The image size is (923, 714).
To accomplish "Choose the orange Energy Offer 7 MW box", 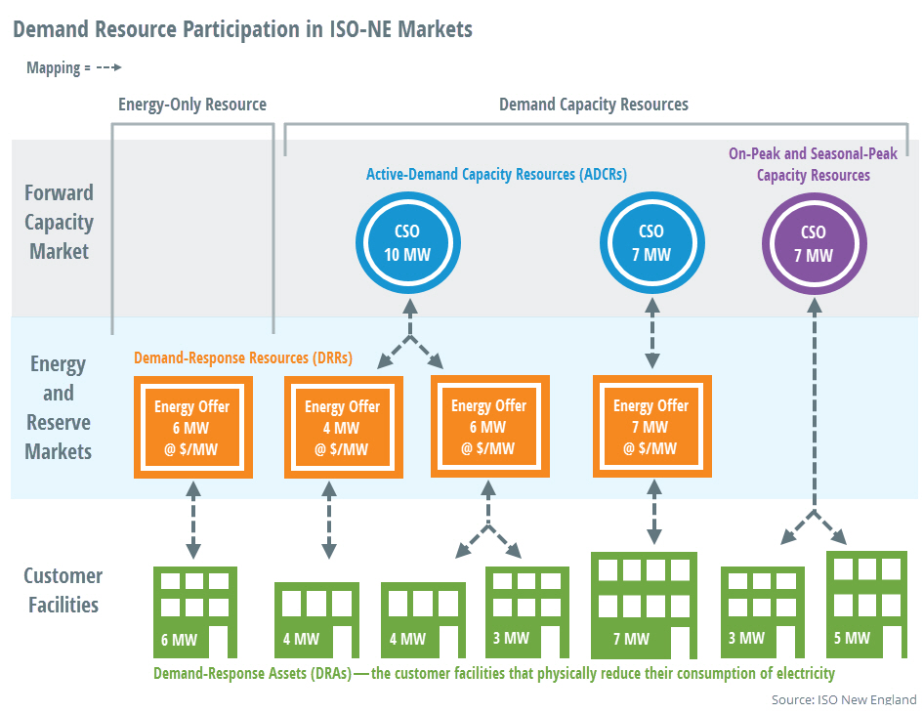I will pyautogui.click(x=651, y=428).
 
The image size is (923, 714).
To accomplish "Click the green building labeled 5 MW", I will pyautogui.click(x=861, y=606).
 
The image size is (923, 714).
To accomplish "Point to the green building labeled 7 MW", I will pyautogui.click(x=644, y=607).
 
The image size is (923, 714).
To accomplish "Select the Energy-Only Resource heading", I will pyautogui.click(x=191, y=105).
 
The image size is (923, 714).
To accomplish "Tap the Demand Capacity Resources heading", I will pyautogui.click(x=593, y=105).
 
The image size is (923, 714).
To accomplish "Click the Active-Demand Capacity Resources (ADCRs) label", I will pyautogui.click(x=496, y=174).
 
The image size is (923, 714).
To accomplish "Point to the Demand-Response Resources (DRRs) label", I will pyautogui.click(x=242, y=357).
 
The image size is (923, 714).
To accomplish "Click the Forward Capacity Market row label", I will pyautogui.click(x=60, y=222).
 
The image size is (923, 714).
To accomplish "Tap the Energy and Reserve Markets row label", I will pyautogui.click(x=59, y=407).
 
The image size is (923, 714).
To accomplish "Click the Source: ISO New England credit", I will pyautogui.click(x=844, y=699).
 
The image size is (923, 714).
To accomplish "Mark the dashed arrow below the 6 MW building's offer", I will pyautogui.click(x=193, y=518).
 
